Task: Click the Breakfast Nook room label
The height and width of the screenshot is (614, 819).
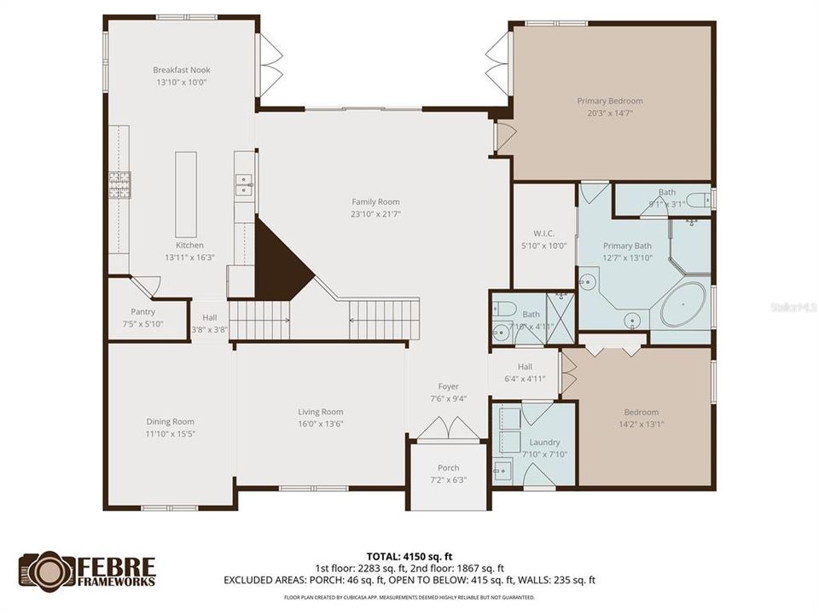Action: coord(182,70)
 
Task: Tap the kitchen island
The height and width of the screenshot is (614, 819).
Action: coord(186,194)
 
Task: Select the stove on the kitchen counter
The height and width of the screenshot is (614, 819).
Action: coord(118,184)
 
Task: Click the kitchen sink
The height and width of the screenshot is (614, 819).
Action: coord(244,184)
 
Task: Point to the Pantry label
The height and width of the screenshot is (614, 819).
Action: coord(142,312)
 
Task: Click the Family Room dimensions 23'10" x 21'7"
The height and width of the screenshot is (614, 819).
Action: coord(375,214)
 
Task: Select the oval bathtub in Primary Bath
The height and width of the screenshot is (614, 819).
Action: coord(682,305)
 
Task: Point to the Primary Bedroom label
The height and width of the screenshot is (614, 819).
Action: coord(609,101)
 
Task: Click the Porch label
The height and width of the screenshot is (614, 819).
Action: coord(448,467)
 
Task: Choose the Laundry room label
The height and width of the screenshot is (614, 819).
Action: coord(544,442)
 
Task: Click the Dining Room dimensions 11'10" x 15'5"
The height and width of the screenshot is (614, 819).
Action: coord(171,434)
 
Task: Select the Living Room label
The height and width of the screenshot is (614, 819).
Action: coord(320,412)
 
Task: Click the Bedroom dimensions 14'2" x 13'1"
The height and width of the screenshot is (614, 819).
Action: coord(641,424)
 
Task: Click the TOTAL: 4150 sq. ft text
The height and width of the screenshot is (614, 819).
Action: coord(409,556)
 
